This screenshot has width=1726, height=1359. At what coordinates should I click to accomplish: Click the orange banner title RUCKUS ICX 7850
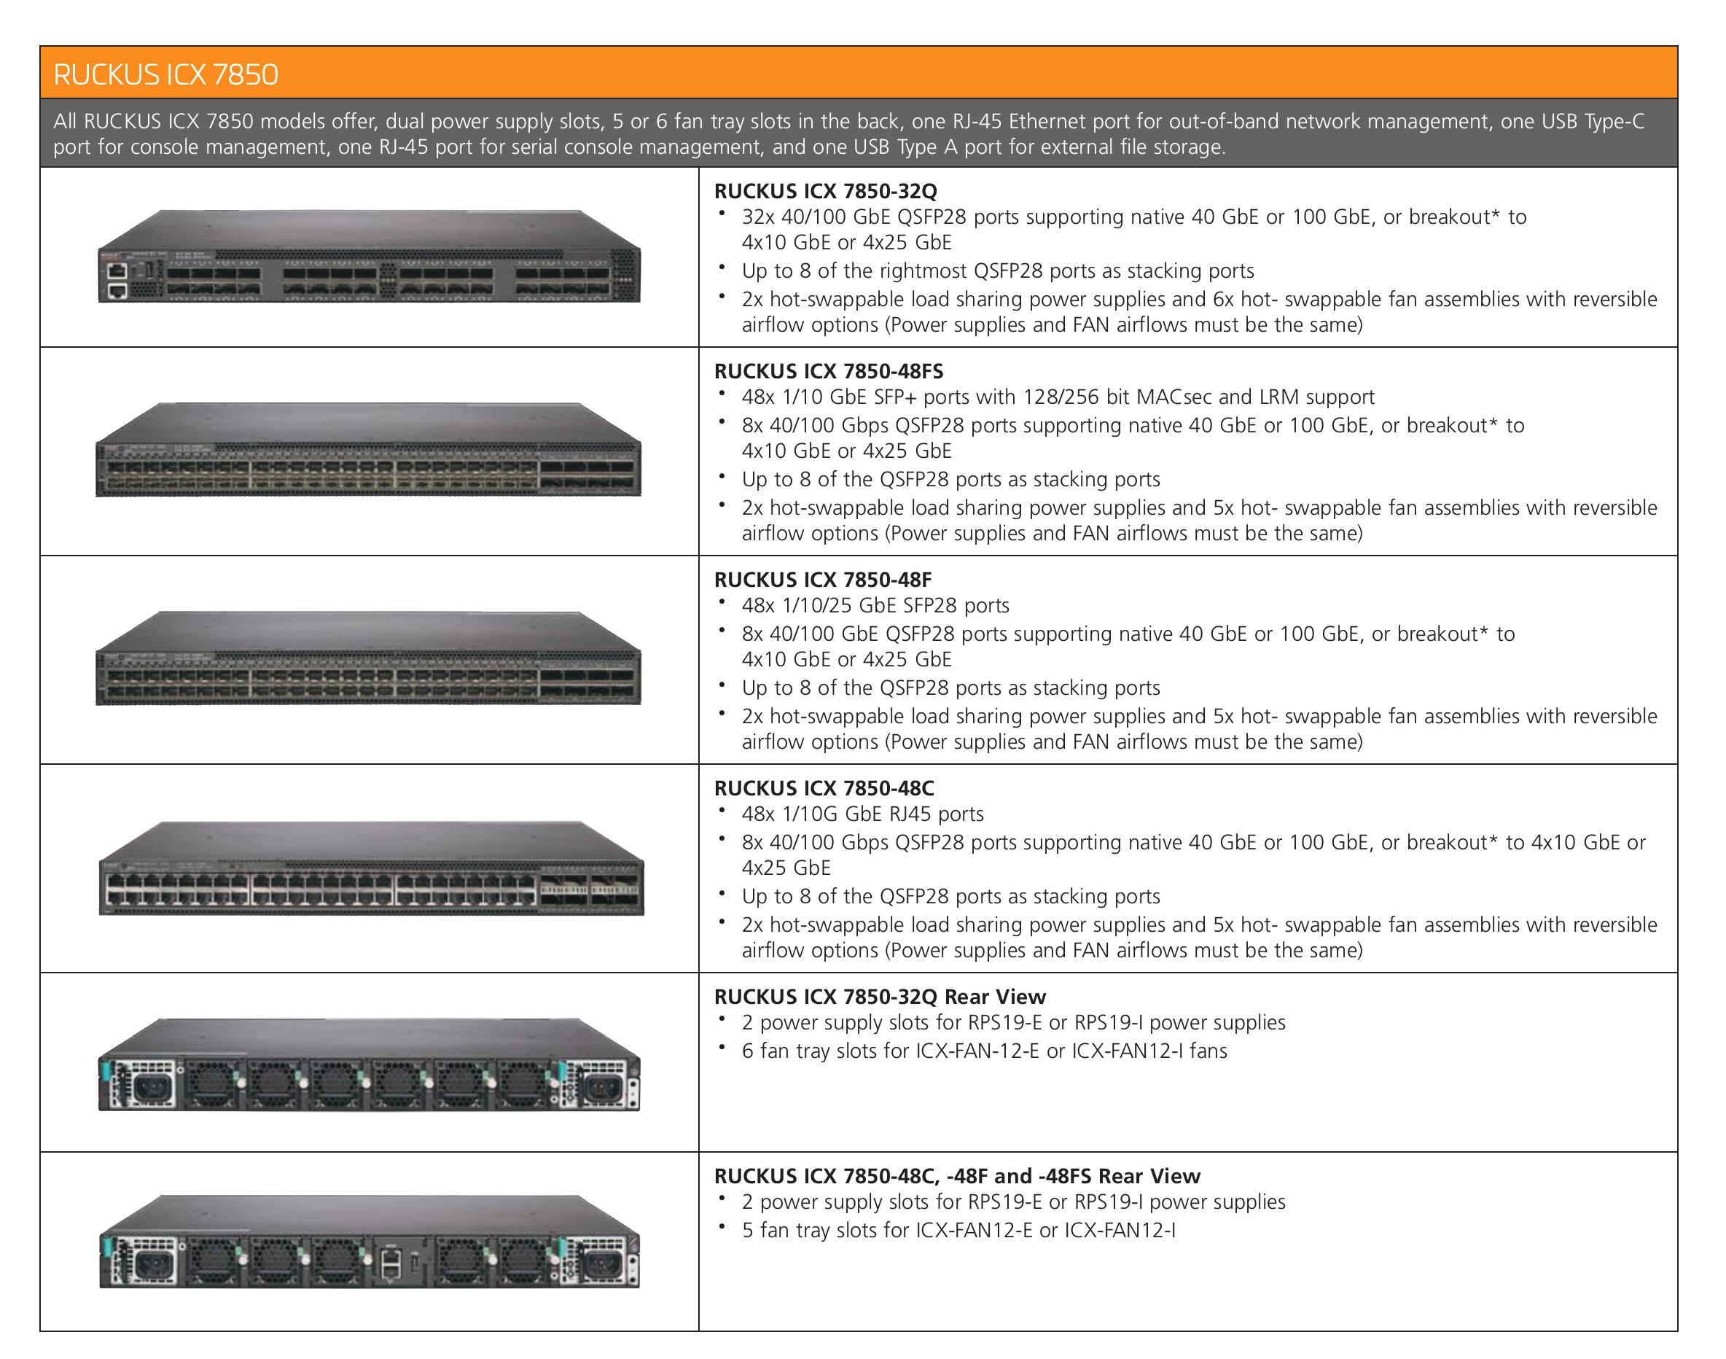click(x=165, y=74)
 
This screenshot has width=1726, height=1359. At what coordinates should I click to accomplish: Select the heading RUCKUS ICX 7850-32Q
click(x=826, y=191)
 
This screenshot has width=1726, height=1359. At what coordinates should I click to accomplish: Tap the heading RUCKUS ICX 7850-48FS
click(x=829, y=371)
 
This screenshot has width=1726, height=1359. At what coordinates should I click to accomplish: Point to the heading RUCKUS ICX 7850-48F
click(x=822, y=579)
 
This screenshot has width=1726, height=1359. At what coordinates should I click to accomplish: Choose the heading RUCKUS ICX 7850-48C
click(x=824, y=787)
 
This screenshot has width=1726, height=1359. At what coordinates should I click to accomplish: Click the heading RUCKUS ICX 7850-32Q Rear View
click(x=880, y=996)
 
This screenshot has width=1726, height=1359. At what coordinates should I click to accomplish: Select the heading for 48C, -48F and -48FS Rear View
click(x=957, y=1176)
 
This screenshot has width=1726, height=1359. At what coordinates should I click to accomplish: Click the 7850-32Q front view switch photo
click(x=369, y=256)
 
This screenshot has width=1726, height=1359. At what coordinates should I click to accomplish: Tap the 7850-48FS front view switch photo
click(x=368, y=450)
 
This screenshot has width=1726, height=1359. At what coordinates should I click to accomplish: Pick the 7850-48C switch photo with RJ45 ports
click(x=372, y=868)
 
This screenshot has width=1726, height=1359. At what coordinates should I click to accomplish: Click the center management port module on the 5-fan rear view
click(x=402, y=1261)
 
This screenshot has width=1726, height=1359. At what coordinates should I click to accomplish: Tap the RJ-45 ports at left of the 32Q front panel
click(x=118, y=280)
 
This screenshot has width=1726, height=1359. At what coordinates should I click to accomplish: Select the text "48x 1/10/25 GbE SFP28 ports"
click(x=875, y=606)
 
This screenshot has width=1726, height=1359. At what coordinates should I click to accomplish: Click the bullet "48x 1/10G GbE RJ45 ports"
click(x=862, y=814)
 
